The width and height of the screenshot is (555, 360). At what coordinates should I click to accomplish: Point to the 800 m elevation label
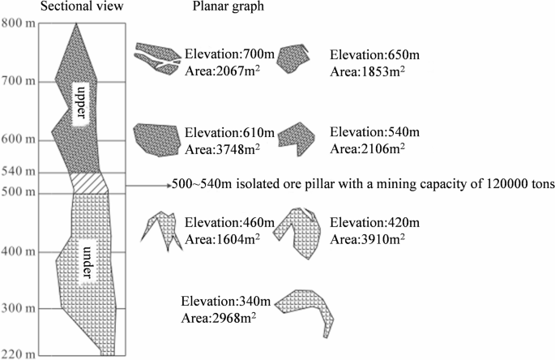pyautogui.click(x=18, y=23)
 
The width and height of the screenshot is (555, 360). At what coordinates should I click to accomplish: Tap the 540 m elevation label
pyautogui.click(x=18, y=172)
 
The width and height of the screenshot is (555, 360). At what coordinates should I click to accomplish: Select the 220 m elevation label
pyautogui.click(x=18, y=354)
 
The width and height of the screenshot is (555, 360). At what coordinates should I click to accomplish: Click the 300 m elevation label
pyautogui.click(x=18, y=308)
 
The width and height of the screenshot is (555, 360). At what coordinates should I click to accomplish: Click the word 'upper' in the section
pyautogui.click(x=79, y=102)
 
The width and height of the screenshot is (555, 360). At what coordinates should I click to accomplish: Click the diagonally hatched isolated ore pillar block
pyautogui.click(x=88, y=182)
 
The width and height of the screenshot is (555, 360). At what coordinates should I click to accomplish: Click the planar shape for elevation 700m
pyautogui.click(x=157, y=59)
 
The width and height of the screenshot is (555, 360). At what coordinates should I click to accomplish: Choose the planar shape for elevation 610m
pyautogui.click(x=156, y=139)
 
